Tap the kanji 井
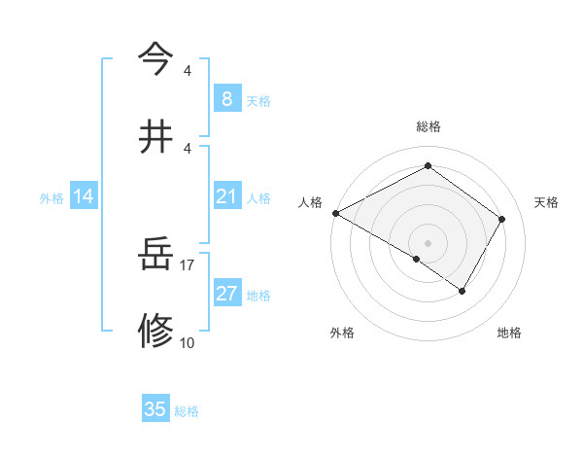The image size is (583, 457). (155, 135)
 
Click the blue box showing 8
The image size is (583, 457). (226, 98)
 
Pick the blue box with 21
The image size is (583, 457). (226, 196)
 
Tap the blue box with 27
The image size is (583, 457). (226, 294)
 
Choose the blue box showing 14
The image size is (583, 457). (84, 196)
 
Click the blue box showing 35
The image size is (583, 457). (155, 409)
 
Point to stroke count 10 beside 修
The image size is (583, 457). (188, 342)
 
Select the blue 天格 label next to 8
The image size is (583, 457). (258, 100)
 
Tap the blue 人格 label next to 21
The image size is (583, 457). (258, 197)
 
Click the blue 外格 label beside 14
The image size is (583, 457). (51, 197)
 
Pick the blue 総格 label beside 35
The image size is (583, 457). (187, 411)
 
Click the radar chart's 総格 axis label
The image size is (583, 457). (428, 126)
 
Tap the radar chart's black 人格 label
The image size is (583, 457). (311, 202)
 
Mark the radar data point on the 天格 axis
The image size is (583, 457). (502, 219)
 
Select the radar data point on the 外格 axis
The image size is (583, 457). (417, 259)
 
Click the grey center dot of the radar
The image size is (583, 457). (428, 242)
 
